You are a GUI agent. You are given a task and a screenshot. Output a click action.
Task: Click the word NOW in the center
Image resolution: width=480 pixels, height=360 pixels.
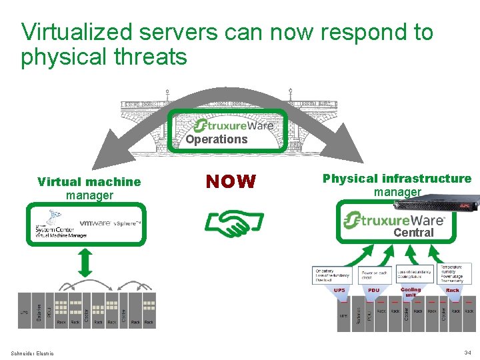click(x=230, y=181)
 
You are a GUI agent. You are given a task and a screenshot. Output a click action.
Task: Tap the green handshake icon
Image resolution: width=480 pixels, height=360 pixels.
click(x=233, y=223)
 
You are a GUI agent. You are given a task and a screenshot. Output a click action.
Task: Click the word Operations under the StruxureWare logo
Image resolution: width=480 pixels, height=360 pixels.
click(x=216, y=139)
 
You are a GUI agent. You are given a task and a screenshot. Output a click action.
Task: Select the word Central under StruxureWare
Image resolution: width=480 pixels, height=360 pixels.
click(x=413, y=233)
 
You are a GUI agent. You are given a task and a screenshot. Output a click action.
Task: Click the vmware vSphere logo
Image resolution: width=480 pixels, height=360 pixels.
click(x=110, y=223)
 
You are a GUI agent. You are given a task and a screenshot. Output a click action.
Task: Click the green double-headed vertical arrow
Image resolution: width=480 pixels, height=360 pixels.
click(x=85, y=263)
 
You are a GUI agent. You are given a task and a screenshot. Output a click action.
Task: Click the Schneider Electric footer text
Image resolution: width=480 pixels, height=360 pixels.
click(x=33, y=353)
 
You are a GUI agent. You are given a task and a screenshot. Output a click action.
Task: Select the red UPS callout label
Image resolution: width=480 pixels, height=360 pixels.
click(x=339, y=291)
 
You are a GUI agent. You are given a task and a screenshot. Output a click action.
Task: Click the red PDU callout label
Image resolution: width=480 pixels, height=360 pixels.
click(x=373, y=291)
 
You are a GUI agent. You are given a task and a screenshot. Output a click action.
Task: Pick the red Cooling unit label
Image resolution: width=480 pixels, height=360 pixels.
click(x=411, y=292)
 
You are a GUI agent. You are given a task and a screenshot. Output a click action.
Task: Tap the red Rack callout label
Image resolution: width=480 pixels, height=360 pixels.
click(x=453, y=291)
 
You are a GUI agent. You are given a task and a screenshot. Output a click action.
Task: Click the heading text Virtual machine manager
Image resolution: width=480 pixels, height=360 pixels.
click(x=89, y=188)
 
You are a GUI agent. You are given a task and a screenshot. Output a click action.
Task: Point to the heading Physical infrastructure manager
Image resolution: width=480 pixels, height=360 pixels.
click(x=397, y=185)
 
